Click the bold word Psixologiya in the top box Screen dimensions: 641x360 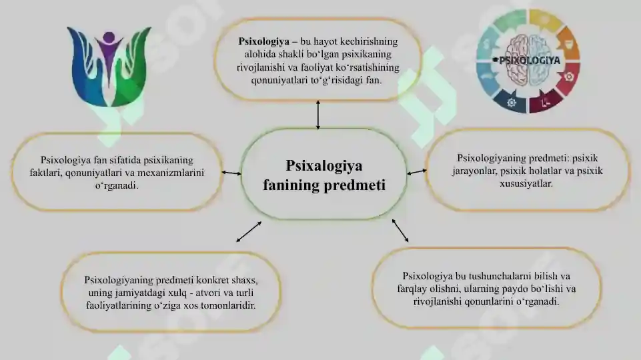pos(263,42)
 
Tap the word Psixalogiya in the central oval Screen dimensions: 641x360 pos(324,166)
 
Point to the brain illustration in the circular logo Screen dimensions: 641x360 pos(528,60)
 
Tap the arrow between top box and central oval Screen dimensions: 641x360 pos(318,115)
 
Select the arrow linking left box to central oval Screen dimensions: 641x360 pos(231,173)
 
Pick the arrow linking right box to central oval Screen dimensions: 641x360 pos(417,173)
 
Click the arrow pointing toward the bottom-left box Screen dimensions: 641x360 pos(249,232)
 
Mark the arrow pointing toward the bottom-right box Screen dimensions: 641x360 pos(400,231)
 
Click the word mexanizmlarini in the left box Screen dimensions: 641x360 pos(171,173)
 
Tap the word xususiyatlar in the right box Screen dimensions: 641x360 pos(526,183)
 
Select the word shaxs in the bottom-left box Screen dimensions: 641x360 pos(245,280)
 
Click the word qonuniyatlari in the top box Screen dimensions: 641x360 pos(279,81)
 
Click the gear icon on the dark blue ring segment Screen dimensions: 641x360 pos(512,103)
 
